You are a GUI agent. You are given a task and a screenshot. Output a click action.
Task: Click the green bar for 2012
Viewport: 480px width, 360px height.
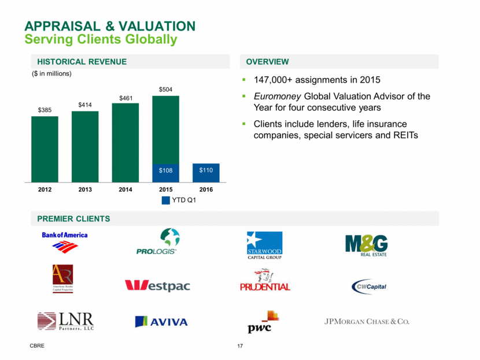pos(45,149)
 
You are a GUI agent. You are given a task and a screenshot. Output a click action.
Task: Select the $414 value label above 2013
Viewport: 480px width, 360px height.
pos(85,104)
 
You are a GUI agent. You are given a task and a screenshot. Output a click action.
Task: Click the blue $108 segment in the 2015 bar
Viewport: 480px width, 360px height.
pos(166,172)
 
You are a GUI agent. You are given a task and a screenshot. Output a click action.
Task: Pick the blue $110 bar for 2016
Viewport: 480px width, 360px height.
pos(206,172)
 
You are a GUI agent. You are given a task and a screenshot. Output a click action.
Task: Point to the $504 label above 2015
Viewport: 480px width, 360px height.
pos(166,89)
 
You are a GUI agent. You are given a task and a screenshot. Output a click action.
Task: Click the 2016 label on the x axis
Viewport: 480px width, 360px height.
pos(206,188)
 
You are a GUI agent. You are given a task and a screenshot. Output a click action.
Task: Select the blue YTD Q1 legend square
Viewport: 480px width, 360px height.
pos(166,200)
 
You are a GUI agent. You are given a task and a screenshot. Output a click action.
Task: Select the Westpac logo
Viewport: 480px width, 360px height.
pos(157,285)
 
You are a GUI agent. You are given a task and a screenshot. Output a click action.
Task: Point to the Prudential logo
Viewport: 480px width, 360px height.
pos(265,281)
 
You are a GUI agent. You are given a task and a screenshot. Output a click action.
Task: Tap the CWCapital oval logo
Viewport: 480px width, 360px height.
pos(368,286)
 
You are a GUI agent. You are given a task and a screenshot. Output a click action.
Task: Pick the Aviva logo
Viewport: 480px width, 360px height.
pos(161,321)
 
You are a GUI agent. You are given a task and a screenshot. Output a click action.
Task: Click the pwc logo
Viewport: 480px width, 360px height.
pos(264,322)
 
